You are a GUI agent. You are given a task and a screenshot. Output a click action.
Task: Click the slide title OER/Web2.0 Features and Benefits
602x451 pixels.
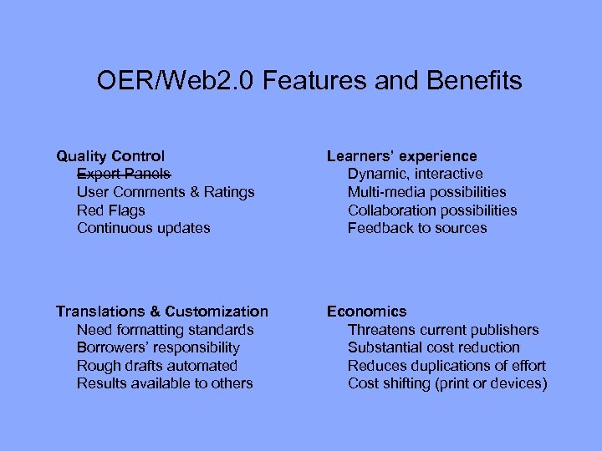(x=309, y=81)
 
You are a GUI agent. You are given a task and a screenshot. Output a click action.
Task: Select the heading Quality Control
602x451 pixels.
(x=110, y=156)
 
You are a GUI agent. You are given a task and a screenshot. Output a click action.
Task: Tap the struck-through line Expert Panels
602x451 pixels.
(x=124, y=174)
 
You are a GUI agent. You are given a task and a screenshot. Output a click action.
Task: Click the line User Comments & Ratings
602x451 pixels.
(x=166, y=192)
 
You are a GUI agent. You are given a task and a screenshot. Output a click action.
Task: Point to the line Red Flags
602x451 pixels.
(x=110, y=210)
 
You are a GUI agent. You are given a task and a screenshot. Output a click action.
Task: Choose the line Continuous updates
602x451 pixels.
(x=144, y=228)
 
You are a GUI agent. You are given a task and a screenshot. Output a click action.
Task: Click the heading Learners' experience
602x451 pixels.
(x=402, y=156)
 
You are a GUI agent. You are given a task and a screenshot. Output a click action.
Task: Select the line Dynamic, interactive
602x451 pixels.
(x=415, y=174)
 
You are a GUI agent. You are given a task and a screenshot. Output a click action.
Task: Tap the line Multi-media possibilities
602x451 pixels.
(x=426, y=192)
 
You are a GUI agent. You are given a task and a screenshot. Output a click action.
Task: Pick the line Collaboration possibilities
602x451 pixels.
(x=432, y=210)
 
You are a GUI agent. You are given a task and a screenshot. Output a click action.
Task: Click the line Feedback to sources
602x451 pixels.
(x=417, y=228)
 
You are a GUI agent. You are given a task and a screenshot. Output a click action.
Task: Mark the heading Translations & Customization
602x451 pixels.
(x=162, y=312)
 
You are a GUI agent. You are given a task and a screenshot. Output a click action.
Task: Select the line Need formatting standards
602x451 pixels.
(x=165, y=330)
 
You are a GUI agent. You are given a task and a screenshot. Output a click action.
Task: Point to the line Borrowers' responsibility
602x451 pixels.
(x=158, y=347)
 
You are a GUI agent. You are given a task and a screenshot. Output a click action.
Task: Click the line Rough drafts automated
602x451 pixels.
(x=157, y=366)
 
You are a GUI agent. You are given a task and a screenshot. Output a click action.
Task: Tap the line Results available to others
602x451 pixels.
(x=165, y=383)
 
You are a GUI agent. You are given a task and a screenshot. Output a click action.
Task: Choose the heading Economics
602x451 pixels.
(x=366, y=312)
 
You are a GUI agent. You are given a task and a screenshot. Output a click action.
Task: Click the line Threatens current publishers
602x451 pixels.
(x=443, y=330)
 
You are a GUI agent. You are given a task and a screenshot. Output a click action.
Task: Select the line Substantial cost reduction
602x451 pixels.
(x=434, y=347)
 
